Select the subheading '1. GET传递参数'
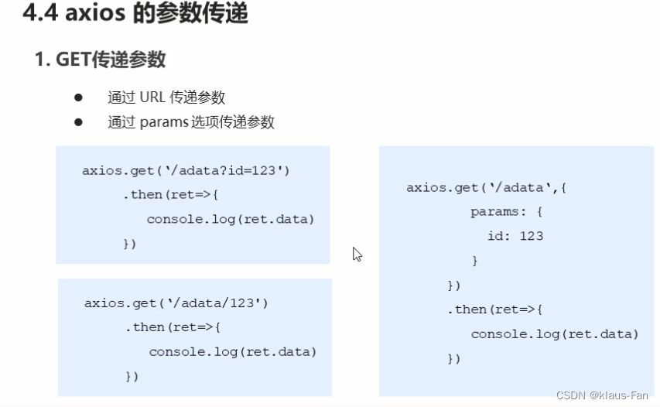100,60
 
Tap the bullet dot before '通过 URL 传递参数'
78,97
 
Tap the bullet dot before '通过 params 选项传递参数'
78,121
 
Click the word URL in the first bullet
152,97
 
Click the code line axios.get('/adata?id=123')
186,170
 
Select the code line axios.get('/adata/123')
176,303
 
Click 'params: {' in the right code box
507,211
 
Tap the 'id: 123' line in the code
515,236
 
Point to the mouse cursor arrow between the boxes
357,254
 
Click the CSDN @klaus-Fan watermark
602,395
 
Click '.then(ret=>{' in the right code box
494,310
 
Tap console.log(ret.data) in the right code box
554,334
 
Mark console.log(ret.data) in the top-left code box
231,219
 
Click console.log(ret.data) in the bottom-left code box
233,352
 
